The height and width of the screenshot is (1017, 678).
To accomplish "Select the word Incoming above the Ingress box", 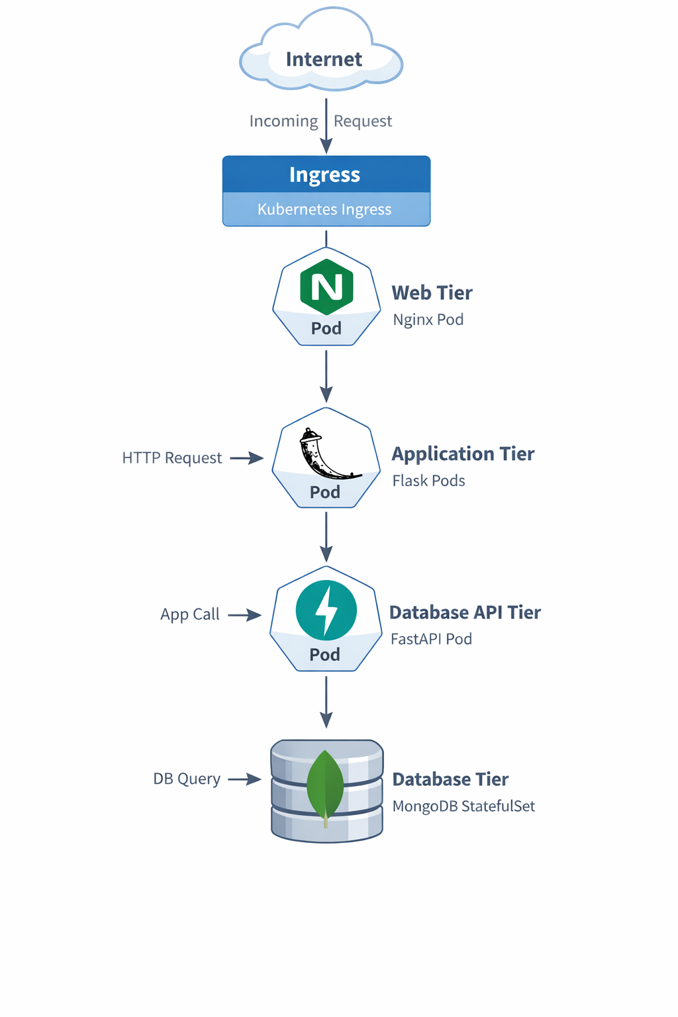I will (x=283, y=121).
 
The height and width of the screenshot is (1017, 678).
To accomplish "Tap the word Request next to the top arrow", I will (x=362, y=121).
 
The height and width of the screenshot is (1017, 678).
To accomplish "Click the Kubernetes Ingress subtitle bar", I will (x=325, y=209).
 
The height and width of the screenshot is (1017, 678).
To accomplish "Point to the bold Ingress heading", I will (x=325, y=175).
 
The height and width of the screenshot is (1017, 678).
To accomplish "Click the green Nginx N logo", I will (x=326, y=287).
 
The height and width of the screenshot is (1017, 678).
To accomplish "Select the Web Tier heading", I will (x=432, y=293).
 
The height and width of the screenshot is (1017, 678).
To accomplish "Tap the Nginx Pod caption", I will (x=428, y=320).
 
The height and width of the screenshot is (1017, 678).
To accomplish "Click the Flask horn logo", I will (x=324, y=454).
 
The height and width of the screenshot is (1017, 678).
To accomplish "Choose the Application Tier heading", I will (x=463, y=454).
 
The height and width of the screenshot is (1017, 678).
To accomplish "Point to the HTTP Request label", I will (x=172, y=458).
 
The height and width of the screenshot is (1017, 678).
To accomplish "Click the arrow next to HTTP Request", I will (x=247, y=458).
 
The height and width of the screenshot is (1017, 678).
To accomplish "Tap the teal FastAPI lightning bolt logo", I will (x=326, y=610).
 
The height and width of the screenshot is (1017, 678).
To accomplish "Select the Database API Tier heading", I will (x=465, y=612).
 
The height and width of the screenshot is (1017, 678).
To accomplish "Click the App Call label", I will (x=190, y=614).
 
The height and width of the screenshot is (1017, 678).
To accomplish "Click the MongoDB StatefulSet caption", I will (x=463, y=806).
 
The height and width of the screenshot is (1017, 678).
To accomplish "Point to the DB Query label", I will (x=187, y=779).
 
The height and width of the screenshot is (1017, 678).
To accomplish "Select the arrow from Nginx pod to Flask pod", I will (x=326, y=376).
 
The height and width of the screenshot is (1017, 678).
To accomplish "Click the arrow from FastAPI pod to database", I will (x=326, y=702).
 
